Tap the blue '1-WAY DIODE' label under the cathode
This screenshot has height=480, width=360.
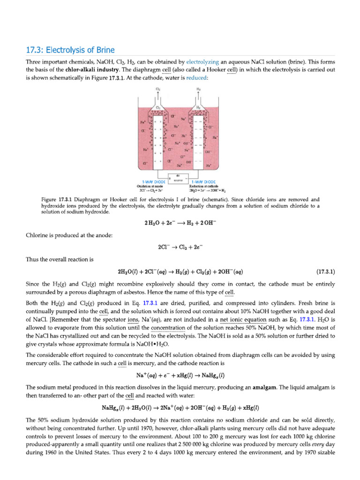coord(203,182)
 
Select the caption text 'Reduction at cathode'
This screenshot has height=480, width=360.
coord(203,187)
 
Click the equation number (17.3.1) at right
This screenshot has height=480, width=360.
coord(325,271)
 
